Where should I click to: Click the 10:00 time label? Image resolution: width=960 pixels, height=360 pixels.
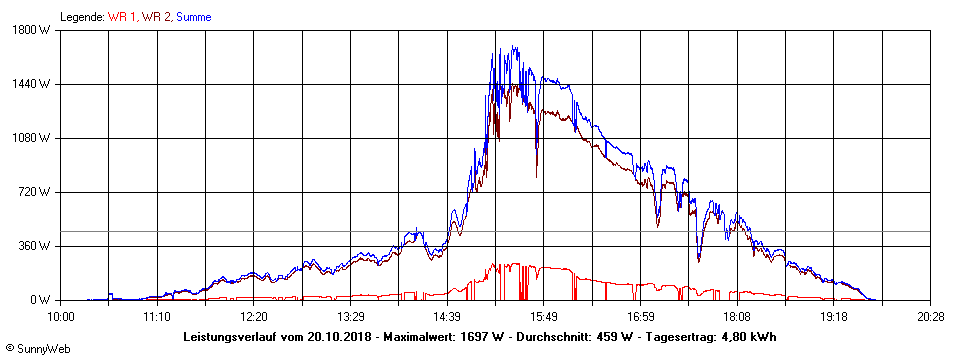tap(61, 316)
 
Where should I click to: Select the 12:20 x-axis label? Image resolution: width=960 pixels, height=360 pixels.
tap(254, 316)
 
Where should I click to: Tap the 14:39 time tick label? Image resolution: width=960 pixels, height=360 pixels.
tap(447, 316)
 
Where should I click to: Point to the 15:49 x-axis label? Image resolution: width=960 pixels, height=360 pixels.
tap(544, 316)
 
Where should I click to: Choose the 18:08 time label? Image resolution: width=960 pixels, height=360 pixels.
tap(737, 316)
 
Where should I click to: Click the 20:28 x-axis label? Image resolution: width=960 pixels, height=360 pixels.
tap(930, 316)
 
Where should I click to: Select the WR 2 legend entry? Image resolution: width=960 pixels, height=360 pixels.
tap(156, 17)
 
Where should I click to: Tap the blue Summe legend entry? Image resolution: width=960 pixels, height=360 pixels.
tap(193, 17)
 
